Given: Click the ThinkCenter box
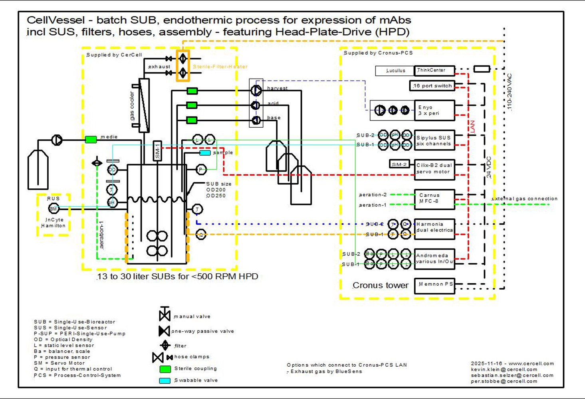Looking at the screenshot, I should (x=434, y=71).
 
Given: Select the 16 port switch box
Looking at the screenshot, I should (x=432, y=86).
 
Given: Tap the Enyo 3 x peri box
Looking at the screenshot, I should (x=434, y=111).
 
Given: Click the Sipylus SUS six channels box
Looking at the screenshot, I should (x=434, y=140).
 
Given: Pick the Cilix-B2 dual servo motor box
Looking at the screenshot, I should (x=434, y=168).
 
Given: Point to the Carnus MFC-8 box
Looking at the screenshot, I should (x=434, y=198).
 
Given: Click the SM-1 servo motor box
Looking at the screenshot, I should (x=157, y=151).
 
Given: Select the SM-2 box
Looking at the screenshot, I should (x=399, y=164).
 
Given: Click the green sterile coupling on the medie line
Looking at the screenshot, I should (x=91, y=140).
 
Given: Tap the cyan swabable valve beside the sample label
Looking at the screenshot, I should (x=205, y=153).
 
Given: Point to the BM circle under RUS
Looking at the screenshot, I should (x=53, y=208).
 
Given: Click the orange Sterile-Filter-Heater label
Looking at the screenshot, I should (x=220, y=67).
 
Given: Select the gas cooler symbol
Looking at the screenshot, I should (x=143, y=105).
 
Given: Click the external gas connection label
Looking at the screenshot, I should (x=524, y=199).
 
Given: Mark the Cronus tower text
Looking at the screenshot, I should (x=380, y=285).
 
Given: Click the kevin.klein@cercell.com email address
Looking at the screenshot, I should (x=504, y=369).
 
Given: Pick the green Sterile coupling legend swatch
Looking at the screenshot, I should (x=165, y=369).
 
